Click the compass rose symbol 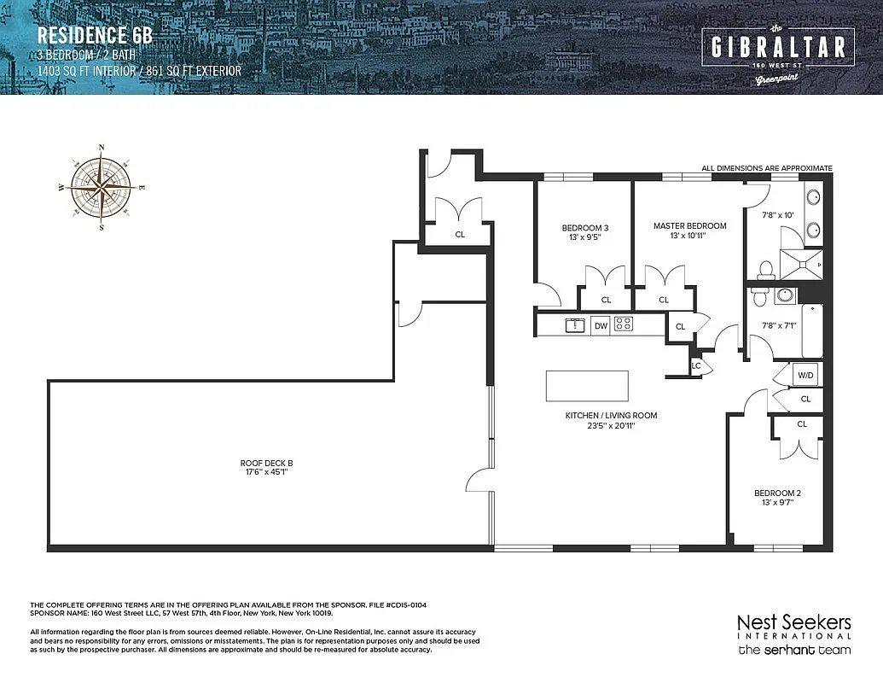click(x=102, y=187)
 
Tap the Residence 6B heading click(x=95, y=37)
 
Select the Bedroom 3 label click(x=584, y=232)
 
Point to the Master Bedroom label click(x=689, y=231)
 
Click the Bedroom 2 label click(x=776, y=498)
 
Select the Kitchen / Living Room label click(x=611, y=420)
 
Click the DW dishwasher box click(x=601, y=324)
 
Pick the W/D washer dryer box click(x=805, y=376)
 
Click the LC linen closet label click(x=696, y=365)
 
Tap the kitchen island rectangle click(x=587, y=386)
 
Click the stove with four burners click(x=624, y=324)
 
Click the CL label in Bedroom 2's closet click(x=802, y=424)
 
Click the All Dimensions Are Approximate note click(x=766, y=168)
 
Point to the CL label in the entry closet click(x=460, y=233)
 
